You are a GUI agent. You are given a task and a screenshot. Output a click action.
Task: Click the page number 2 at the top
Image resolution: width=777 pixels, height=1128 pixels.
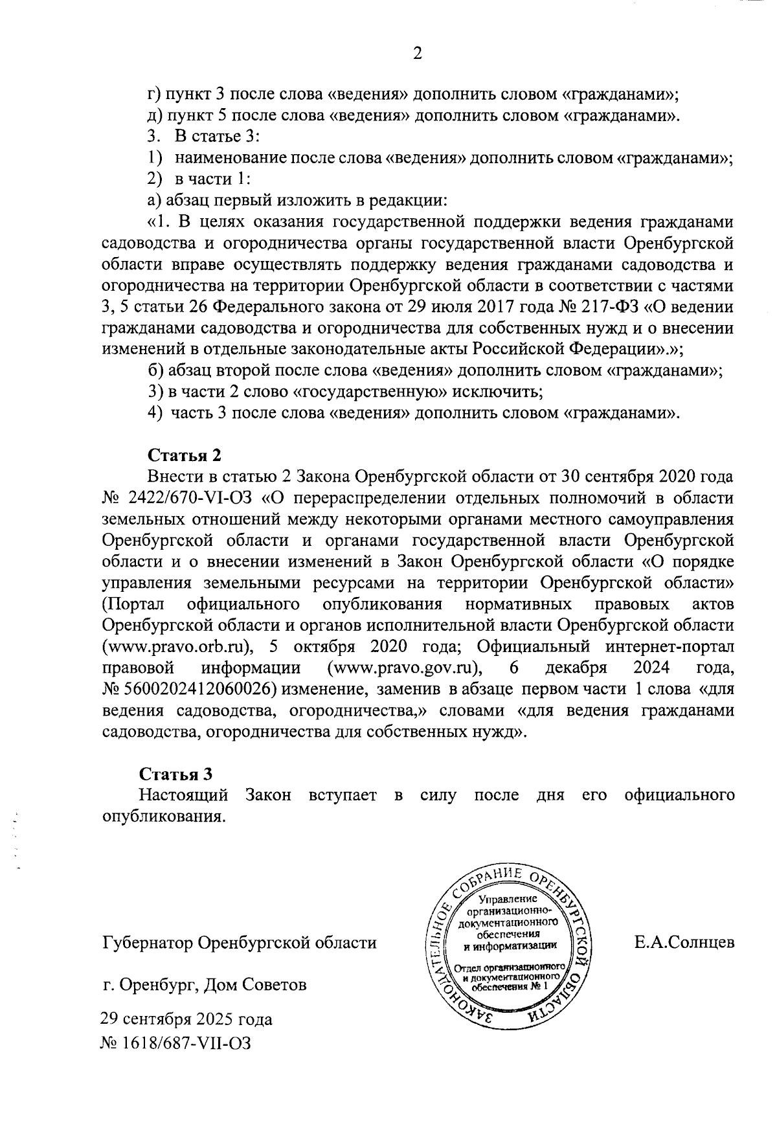click(417, 54)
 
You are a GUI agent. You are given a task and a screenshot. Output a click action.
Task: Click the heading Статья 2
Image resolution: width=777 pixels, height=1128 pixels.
click(185, 455)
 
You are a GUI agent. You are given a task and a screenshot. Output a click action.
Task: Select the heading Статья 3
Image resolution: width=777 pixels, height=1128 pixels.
click(176, 774)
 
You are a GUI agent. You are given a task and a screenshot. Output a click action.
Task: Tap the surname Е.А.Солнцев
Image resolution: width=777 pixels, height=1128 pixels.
click(684, 942)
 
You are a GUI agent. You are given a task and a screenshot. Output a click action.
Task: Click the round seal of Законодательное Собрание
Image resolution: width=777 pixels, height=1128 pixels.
click(511, 945)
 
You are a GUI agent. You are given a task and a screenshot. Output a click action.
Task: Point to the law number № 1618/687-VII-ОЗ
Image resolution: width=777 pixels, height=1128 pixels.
click(175, 1043)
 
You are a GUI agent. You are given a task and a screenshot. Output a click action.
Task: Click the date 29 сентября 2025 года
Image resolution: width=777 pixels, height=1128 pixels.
click(186, 1019)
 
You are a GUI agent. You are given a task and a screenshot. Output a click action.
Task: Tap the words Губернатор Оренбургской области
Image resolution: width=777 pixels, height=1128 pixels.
click(240, 942)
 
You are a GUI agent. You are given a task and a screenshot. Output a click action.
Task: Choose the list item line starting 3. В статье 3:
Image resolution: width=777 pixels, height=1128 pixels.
click(204, 137)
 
